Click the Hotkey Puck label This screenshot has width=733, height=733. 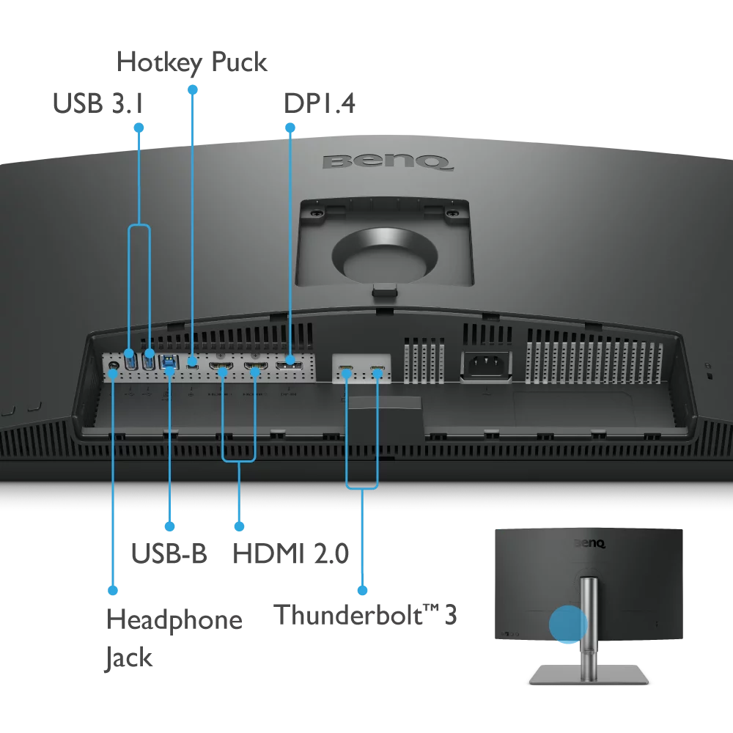192,63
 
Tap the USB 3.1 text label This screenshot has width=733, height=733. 97,104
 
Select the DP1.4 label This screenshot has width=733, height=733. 320,104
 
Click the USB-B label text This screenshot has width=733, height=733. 169,553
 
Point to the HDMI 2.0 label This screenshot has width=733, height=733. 290,553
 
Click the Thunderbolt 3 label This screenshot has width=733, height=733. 365,614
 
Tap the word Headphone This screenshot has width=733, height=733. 174,620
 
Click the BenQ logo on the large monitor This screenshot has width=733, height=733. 388,161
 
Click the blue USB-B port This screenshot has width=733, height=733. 169,361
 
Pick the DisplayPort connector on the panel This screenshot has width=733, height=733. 290,362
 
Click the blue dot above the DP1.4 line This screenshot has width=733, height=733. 290,128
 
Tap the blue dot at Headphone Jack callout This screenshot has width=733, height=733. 113,589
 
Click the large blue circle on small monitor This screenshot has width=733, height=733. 568,624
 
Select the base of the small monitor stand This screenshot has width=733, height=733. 589,674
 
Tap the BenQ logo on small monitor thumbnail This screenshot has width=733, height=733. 589,544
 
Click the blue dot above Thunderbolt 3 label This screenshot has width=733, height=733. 361,589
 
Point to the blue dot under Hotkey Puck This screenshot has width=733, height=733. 193,89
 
